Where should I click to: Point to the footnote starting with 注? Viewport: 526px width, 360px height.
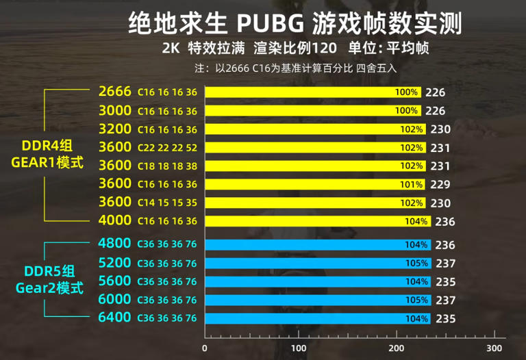pyautogui.click(x=296, y=68)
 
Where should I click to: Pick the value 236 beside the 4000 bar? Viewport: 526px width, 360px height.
pyautogui.click(x=444, y=221)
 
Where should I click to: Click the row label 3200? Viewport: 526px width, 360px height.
pyautogui.click(x=114, y=129)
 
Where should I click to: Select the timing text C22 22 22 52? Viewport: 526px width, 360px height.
pyautogui.click(x=167, y=148)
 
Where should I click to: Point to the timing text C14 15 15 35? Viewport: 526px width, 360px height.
pyautogui.click(x=167, y=203)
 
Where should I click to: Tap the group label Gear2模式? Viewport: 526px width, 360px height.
pyautogui.click(x=49, y=287)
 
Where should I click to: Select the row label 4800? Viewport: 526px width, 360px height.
pyautogui.click(x=114, y=244)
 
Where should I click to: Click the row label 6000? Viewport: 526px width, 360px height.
pyautogui.click(x=114, y=299)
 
